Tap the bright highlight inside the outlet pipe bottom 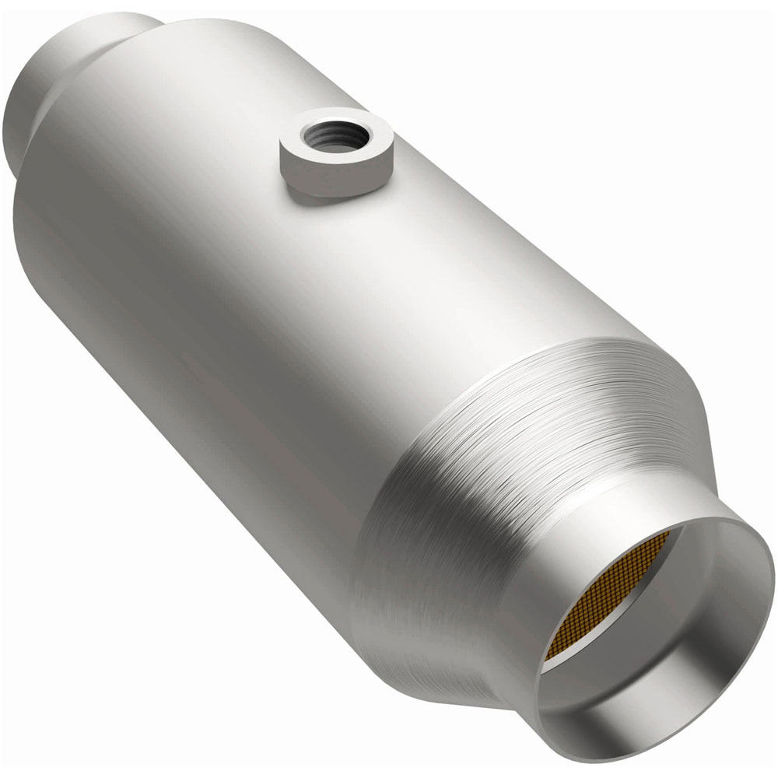point(661,724)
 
